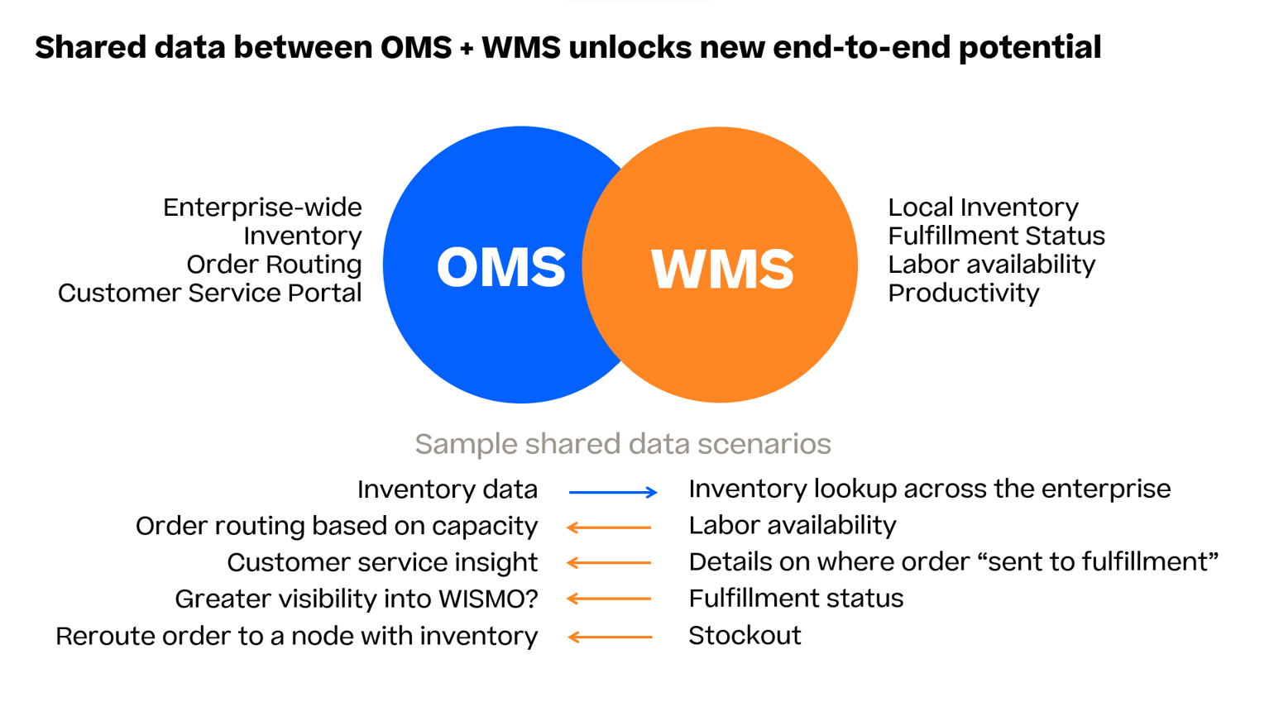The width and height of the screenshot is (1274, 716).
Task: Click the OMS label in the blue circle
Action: [x=500, y=267]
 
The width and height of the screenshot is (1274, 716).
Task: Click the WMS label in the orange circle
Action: [x=722, y=269]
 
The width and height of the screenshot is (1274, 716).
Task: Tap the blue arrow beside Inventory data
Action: [x=613, y=492]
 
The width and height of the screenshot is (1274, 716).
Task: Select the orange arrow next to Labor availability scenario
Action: [x=609, y=527]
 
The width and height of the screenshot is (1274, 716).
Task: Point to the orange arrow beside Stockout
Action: [x=610, y=637]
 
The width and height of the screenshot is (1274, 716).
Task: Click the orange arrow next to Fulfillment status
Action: [x=609, y=599]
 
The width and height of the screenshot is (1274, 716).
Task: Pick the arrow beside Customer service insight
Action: [x=609, y=563]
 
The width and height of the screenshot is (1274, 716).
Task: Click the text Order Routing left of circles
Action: [x=274, y=265]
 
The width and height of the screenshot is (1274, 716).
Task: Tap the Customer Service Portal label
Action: [x=209, y=294]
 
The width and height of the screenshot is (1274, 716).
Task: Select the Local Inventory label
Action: [x=983, y=207]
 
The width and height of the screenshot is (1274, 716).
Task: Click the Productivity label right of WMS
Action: [x=963, y=294]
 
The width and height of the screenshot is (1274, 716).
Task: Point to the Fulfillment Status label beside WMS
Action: [x=996, y=236]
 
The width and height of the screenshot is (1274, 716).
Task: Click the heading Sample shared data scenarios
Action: [x=622, y=444]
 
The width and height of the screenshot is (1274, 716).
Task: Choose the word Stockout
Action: [x=745, y=636]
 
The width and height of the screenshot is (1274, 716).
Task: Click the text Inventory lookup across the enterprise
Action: [x=929, y=489]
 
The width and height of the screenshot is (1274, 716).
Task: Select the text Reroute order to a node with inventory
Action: [x=296, y=637]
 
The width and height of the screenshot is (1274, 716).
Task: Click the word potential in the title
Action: [x=1030, y=47]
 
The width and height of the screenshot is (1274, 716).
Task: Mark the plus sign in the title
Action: [x=467, y=49]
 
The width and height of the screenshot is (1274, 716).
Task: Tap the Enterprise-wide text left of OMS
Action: [x=262, y=208]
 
